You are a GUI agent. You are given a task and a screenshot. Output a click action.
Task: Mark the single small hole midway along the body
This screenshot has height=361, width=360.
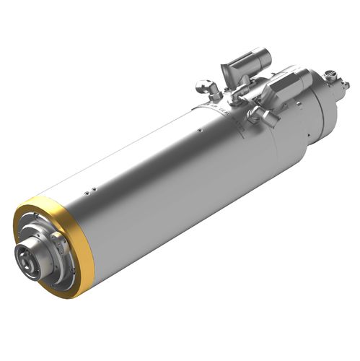[200, 131]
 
